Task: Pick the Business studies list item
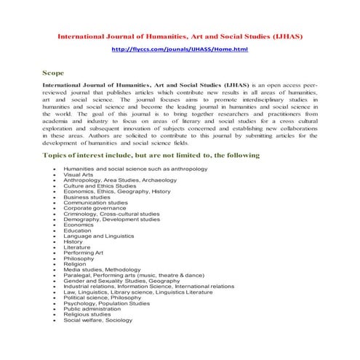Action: (x=87, y=196)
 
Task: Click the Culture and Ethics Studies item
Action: (x=100, y=185)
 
